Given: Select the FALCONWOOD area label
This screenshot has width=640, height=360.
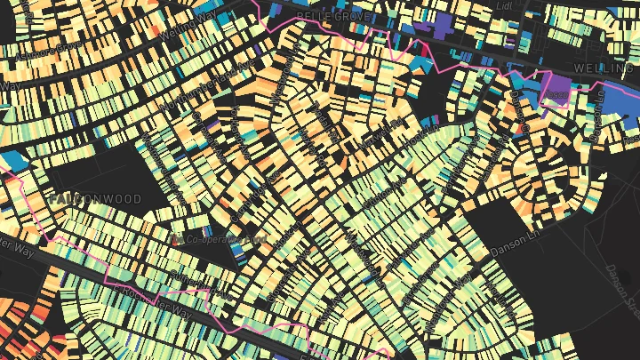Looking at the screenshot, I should pyautogui.click(x=95, y=199).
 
